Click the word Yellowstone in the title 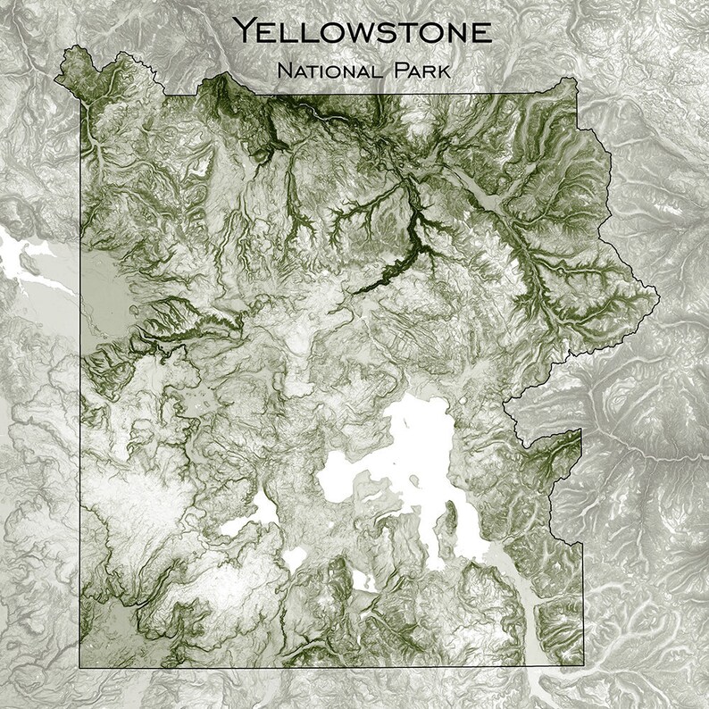[x=362, y=33]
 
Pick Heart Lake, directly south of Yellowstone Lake [x=361, y=580]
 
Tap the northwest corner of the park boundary [x=64, y=49]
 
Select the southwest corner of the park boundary [x=80, y=667]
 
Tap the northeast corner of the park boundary [x=572, y=80]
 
